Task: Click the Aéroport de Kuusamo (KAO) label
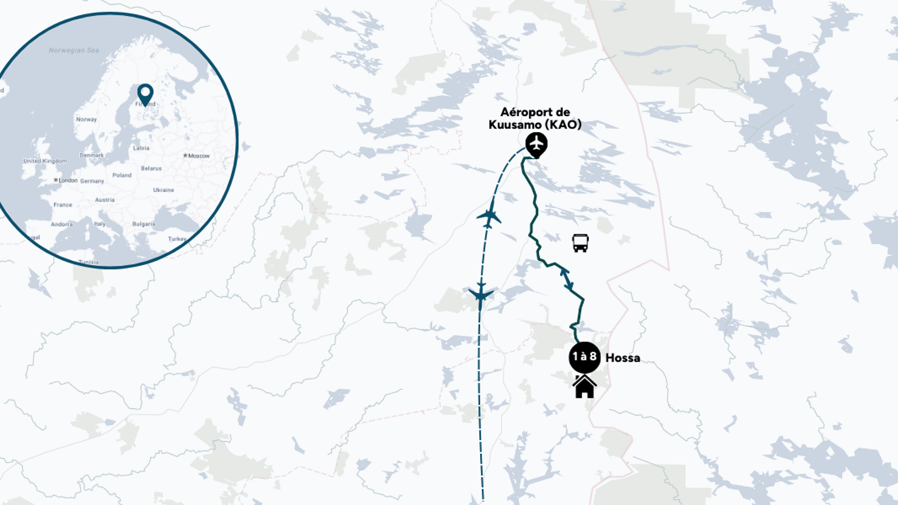(x=535, y=119)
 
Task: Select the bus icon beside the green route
(x=580, y=243)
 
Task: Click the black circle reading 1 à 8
(x=584, y=357)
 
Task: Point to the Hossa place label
(x=623, y=358)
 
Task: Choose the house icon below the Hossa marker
(x=584, y=387)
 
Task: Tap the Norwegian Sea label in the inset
(x=74, y=50)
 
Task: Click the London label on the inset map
(x=67, y=180)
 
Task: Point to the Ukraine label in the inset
(x=163, y=190)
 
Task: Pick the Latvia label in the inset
(x=141, y=148)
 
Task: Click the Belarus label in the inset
(x=151, y=168)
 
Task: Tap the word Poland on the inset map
(x=122, y=175)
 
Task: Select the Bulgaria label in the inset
(x=144, y=224)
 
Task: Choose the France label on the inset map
(x=63, y=205)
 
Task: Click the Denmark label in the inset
(x=92, y=155)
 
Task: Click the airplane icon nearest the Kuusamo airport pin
(x=489, y=217)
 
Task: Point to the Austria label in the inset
(x=105, y=200)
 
